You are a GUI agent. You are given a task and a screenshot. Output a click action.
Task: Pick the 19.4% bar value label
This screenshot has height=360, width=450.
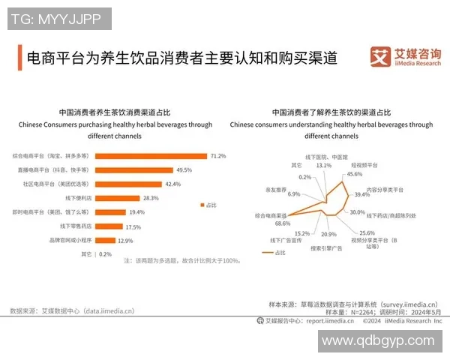(136, 212)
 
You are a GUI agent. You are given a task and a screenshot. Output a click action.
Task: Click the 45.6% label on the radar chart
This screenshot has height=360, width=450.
(354, 175)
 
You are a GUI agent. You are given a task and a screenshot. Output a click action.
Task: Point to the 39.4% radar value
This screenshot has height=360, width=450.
(363, 193)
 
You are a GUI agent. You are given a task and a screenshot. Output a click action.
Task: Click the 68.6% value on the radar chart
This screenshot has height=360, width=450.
(283, 223)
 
